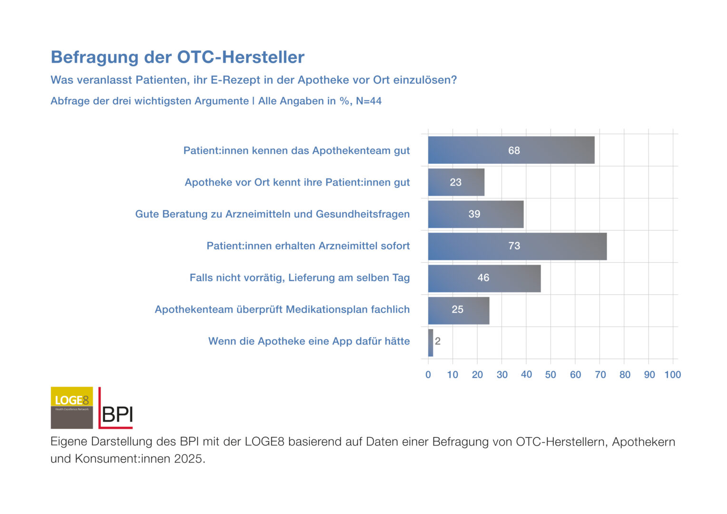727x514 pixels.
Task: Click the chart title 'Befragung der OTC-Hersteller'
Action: click(x=177, y=57)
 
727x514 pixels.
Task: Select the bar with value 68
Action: click(x=511, y=150)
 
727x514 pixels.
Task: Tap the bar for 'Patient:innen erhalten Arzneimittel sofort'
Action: click(x=517, y=246)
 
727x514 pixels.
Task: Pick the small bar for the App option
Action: click(x=431, y=343)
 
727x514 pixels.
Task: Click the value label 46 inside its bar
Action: click(x=483, y=278)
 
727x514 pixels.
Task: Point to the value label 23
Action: click(x=456, y=182)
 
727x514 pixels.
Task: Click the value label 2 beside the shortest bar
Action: click(x=438, y=341)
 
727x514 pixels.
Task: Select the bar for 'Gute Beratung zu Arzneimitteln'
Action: click(x=476, y=214)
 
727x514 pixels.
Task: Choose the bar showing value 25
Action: click(x=459, y=310)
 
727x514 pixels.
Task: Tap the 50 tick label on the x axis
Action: click(x=550, y=375)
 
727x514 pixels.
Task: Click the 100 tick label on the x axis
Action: click(x=673, y=375)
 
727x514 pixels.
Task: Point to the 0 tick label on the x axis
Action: click(x=428, y=375)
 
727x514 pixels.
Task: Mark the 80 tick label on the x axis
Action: click(x=625, y=375)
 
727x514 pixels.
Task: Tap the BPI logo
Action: click(x=116, y=409)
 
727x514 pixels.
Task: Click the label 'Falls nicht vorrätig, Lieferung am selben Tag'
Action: click(x=300, y=278)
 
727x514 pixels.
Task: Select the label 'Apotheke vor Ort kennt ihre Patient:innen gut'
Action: click(x=297, y=182)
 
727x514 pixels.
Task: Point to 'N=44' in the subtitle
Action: click(x=369, y=101)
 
